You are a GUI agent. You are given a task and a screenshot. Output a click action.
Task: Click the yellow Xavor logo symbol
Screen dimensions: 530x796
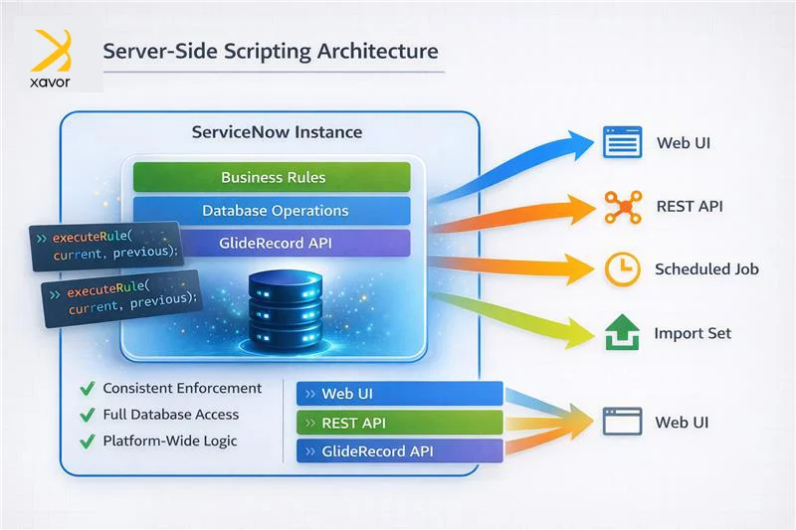tap(52, 51)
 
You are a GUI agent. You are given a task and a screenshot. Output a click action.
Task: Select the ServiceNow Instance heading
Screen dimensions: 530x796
tap(277, 131)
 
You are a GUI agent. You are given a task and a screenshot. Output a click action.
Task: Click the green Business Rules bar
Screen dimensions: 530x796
tap(273, 177)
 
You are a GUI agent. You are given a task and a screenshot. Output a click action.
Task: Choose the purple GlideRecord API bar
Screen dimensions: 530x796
tap(274, 243)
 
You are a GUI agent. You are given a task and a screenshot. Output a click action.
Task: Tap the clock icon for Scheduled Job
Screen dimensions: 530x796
tap(623, 268)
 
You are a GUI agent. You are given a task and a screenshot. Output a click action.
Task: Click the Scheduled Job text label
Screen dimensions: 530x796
tap(706, 268)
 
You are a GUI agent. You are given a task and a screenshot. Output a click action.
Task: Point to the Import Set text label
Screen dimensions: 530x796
tap(693, 333)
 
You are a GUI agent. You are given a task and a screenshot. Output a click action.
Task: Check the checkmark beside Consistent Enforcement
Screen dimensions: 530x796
tap(86, 389)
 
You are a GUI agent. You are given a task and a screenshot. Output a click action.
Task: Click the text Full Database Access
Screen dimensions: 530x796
tap(171, 414)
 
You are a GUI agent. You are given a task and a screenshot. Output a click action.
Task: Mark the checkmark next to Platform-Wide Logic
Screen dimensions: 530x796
tap(86, 441)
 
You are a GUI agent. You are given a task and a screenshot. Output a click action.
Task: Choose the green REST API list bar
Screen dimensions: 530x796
tap(398, 423)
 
